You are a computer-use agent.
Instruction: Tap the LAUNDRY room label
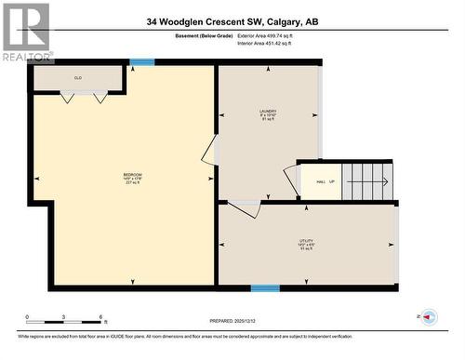click(x=268, y=114)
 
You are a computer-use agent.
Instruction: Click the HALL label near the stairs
click(x=320, y=181)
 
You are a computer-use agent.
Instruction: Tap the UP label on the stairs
click(x=332, y=181)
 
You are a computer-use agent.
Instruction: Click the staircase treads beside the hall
click(x=368, y=180)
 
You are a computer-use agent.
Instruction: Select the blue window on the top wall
click(x=141, y=62)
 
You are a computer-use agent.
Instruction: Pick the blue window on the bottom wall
click(x=265, y=287)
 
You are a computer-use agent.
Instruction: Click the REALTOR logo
click(x=25, y=31)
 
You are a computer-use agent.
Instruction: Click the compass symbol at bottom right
click(x=429, y=318)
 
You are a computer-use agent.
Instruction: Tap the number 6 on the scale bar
click(x=100, y=316)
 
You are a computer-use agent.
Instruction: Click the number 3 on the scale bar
click(x=63, y=316)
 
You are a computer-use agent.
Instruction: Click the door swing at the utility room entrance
click(x=245, y=208)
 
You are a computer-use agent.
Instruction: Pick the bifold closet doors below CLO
click(x=79, y=95)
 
